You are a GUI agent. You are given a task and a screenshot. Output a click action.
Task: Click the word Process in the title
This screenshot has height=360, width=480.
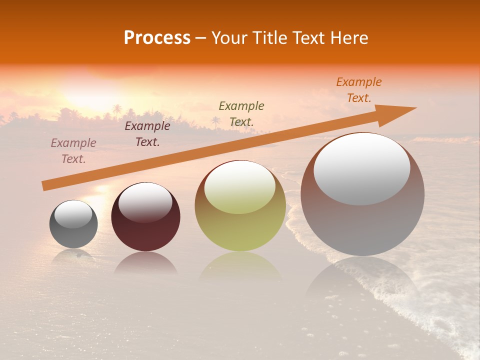tap(157, 38)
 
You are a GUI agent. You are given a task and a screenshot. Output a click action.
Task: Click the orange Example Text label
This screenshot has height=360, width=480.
tap(359, 90)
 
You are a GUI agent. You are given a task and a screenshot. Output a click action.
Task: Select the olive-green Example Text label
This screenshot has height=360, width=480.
tap(241, 113)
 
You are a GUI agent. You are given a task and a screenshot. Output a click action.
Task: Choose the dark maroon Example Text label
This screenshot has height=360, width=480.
tap(147, 134)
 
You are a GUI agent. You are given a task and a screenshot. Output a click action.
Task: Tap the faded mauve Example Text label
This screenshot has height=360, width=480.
tap(73, 151)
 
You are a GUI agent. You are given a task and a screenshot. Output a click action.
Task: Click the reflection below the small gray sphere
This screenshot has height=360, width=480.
tap(73, 255)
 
